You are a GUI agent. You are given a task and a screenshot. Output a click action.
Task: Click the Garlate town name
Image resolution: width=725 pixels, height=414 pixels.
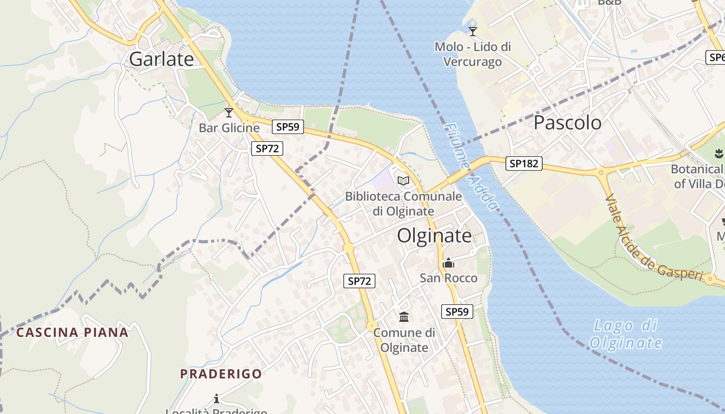tap(161, 59)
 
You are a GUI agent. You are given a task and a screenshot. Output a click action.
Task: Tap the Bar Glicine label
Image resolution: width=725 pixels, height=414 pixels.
tap(229, 128)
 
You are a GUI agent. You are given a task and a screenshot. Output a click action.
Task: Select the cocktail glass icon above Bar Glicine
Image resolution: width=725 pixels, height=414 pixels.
tap(229, 112)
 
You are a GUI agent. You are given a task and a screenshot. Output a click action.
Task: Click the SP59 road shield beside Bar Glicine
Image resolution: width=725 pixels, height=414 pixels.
tap(288, 127)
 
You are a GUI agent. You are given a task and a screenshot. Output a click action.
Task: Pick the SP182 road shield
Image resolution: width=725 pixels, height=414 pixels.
tap(524, 164)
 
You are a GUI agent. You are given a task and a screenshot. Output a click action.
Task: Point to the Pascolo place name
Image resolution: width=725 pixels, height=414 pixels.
tap(567, 123)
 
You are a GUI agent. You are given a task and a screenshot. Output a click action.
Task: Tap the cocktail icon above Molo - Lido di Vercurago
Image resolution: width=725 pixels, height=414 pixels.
tap(472, 32)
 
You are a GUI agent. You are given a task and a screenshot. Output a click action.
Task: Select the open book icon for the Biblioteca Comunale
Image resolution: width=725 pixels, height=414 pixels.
tap(403, 181)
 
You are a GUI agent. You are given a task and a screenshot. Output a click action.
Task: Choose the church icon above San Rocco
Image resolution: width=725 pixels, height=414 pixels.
tap(448, 263)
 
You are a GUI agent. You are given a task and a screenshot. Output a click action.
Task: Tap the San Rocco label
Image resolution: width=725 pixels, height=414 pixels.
tap(448, 278)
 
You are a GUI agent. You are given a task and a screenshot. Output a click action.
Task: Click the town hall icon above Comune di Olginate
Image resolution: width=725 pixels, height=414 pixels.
tap(404, 317)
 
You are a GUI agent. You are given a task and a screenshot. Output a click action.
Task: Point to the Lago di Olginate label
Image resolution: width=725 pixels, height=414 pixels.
tap(626, 334)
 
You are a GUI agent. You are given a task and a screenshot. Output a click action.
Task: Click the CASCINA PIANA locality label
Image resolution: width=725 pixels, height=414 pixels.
tap(72, 332)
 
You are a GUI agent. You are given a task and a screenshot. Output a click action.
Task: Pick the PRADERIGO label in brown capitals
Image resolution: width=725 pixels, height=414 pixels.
tap(221, 374)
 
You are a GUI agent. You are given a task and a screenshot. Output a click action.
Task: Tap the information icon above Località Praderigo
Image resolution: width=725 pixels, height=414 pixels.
tap(216, 398)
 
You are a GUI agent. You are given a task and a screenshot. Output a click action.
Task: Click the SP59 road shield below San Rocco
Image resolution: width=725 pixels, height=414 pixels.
tap(457, 312)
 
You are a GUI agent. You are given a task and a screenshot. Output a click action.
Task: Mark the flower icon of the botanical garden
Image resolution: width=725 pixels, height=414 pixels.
tap(718, 154)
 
